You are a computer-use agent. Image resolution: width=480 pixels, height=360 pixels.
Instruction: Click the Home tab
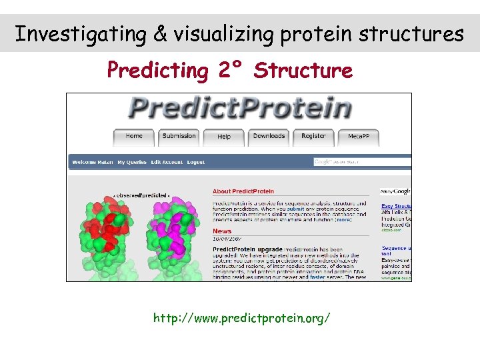tap(134, 136)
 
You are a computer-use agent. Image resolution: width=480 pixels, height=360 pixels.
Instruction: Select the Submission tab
tap(179, 136)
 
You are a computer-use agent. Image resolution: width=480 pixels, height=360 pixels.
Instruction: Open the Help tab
tap(224, 136)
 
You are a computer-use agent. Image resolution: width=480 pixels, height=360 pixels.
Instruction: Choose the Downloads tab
tap(269, 136)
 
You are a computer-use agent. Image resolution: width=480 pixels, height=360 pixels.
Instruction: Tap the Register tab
tap(313, 136)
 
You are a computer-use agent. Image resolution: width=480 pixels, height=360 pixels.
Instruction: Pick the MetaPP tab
tap(359, 136)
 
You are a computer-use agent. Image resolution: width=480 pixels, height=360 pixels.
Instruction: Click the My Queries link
tap(131, 162)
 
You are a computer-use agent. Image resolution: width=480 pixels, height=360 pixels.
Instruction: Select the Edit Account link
tap(167, 162)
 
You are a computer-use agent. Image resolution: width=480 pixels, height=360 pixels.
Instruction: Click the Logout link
tap(196, 162)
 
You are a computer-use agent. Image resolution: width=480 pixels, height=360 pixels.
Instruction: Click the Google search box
tap(360, 162)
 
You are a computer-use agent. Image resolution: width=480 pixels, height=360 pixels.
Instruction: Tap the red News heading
tap(222, 231)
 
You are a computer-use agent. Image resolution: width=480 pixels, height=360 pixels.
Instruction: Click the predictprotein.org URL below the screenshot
tap(241, 318)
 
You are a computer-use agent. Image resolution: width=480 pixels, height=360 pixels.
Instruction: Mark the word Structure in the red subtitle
tap(303, 70)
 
